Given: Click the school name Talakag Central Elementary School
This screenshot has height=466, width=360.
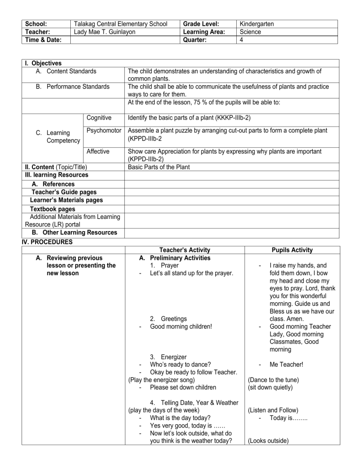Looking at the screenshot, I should click(x=120, y=23).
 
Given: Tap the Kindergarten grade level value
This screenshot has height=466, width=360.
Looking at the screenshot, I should click(x=256, y=23).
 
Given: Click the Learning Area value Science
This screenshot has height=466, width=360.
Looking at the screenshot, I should click(x=251, y=32).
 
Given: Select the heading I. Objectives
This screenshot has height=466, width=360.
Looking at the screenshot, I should click(x=43, y=63).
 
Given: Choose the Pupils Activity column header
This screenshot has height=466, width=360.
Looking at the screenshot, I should click(x=292, y=250).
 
